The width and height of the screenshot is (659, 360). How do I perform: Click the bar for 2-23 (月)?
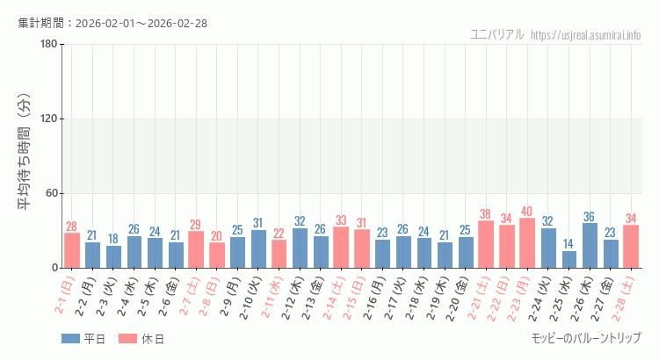[527, 243]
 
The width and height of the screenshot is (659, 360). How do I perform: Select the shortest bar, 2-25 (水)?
[569, 259]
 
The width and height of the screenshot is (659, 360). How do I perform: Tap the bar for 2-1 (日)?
[72, 250]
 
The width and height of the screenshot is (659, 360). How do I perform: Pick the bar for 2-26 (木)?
[590, 245]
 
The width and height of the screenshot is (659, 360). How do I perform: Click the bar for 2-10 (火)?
[258, 248]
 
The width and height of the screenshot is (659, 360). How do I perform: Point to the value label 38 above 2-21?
[486, 214]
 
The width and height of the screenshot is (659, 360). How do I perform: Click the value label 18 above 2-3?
[113, 239]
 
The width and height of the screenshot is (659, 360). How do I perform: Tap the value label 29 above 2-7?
[196, 225]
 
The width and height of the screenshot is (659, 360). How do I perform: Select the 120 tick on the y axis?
[48, 119]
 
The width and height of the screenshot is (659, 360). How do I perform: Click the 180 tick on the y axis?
[48, 45]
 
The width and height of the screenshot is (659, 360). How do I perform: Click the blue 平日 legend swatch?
[70, 339]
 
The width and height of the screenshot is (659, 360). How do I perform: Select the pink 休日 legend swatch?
[128, 339]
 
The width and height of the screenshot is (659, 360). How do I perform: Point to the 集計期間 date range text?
[112, 23]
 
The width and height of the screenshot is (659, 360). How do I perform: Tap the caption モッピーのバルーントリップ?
[586, 338]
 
